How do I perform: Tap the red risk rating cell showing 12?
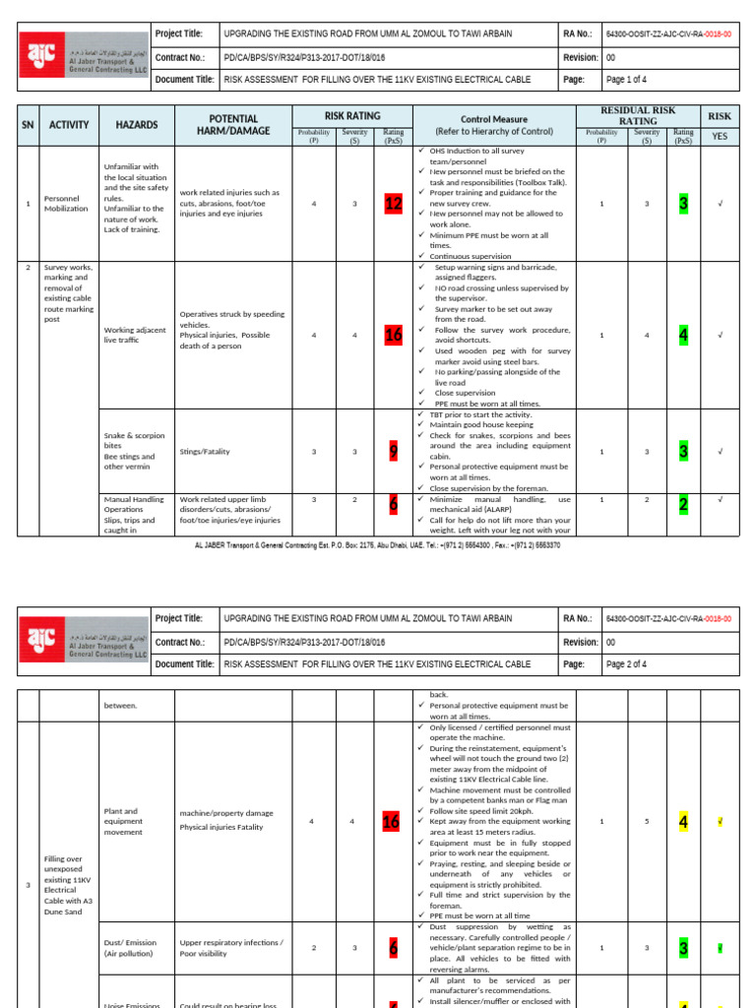[394, 204]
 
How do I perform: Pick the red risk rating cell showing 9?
[394, 451]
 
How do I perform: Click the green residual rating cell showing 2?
[683, 505]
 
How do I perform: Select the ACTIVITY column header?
[69, 125]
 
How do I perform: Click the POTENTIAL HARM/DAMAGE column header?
[233, 125]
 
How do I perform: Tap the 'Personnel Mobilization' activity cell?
[66, 204]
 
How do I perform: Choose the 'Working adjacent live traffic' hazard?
[135, 335]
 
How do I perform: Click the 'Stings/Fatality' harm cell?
[205, 451]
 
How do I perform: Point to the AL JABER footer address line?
[378, 544]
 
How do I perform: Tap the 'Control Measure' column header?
[494, 124]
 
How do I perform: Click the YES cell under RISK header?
[720, 136]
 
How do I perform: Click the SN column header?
[29, 125]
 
